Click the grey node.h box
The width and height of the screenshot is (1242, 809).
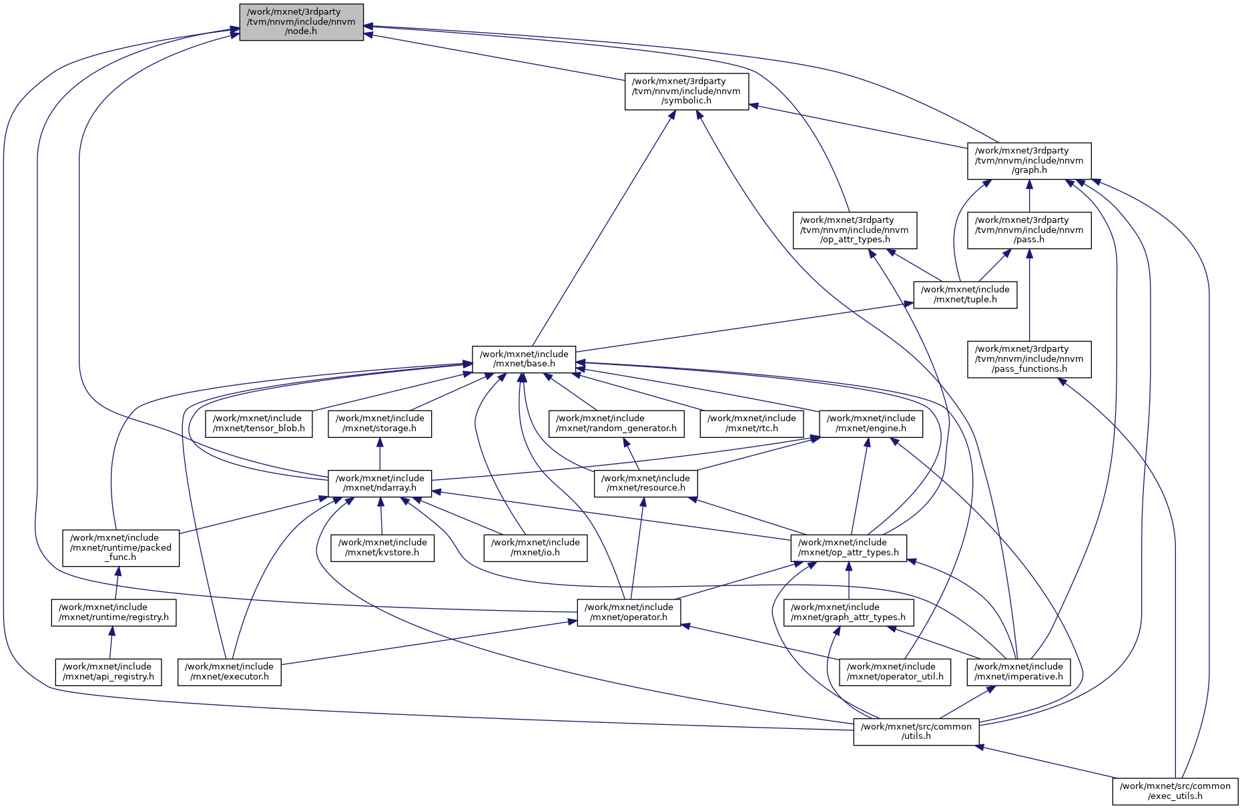(x=301, y=22)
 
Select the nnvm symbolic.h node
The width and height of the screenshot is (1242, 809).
(x=686, y=91)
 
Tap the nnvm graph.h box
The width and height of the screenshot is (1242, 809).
(x=1029, y=161)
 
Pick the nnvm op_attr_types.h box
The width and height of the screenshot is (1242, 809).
(x=854, y=230)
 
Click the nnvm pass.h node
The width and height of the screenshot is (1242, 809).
(x=1029, y=230)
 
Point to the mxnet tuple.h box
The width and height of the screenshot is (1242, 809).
(x=965, y=294)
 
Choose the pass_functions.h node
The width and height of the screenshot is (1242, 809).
(x=1029, y=359)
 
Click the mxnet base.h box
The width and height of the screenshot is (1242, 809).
(x=524, y=359)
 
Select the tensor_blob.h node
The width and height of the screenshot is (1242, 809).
(x=258, y=423)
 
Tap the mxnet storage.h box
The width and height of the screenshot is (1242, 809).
(x=379, y=423)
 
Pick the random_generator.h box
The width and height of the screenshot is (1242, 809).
(x=616, y=423)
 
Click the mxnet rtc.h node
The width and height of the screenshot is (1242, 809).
(x=751, y=423)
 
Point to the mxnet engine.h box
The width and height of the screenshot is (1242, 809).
(x=870, y=423)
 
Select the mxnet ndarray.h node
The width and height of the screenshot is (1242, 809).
(x=379, y=483)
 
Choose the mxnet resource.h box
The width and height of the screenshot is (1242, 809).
(x=645, y=483)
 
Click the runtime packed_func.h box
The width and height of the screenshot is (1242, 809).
(x=121, y=547)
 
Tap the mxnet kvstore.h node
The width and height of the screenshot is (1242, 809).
(x=382, y=547)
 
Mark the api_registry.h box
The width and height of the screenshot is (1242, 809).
(x=107, y=671)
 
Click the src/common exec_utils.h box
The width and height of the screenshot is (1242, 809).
(x=1175, y=791)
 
